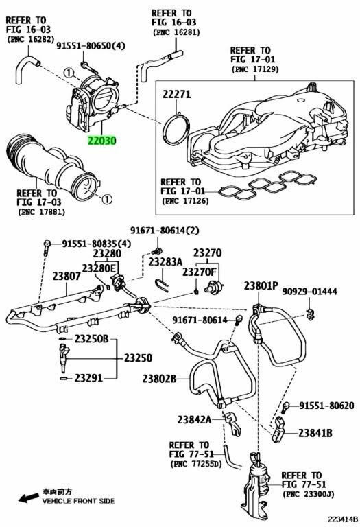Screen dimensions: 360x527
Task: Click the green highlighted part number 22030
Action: point(101,140)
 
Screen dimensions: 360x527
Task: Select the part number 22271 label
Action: point(177,95)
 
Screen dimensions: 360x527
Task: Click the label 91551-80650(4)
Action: point(91,46)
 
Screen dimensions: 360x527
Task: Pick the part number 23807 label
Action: point(67,277)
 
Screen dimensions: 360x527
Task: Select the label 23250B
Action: point(91,339)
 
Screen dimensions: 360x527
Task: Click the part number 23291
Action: point(88,378)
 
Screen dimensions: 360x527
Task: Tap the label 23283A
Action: point(165,261)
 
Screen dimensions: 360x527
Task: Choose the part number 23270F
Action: point(200,272)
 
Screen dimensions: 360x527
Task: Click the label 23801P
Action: point(261,285)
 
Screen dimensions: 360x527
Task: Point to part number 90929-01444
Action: point(309,292)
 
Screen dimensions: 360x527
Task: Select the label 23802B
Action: point(159,379)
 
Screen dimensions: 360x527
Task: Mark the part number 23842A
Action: point(195,419)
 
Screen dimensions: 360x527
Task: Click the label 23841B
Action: point(315,433)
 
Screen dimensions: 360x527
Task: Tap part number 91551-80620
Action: point(326,406)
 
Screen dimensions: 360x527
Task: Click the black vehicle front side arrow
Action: point(28,497)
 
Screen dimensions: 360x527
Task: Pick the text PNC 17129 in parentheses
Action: point(255,69)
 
